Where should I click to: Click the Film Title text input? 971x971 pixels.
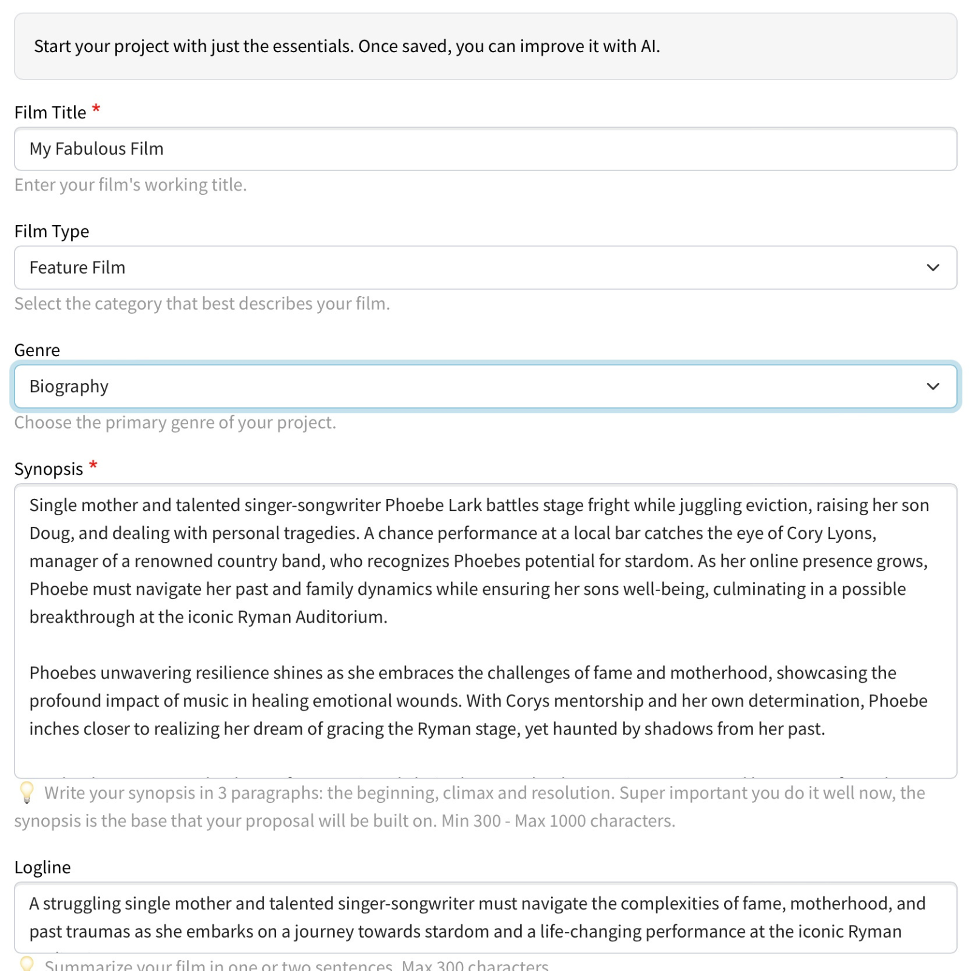(486, 149)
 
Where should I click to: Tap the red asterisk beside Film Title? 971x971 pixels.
(96, 110)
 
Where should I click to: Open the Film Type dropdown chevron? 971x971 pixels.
(933, 268)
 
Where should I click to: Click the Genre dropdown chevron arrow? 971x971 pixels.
(933, 387)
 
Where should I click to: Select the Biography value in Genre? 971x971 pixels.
(69, 387)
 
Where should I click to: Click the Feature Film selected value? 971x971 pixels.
(78, 268)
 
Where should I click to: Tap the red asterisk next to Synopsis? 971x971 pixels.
(93, 466)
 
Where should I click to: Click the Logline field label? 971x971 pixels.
(42, 867)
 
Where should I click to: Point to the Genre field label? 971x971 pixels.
(37, 350)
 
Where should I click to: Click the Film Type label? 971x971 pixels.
(52, 231)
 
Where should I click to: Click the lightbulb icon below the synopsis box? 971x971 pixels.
(27, 793)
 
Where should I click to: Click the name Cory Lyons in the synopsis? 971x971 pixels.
(831, 533)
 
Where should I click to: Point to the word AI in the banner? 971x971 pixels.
(649, 46)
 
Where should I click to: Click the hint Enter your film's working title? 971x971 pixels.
(130, 184)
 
